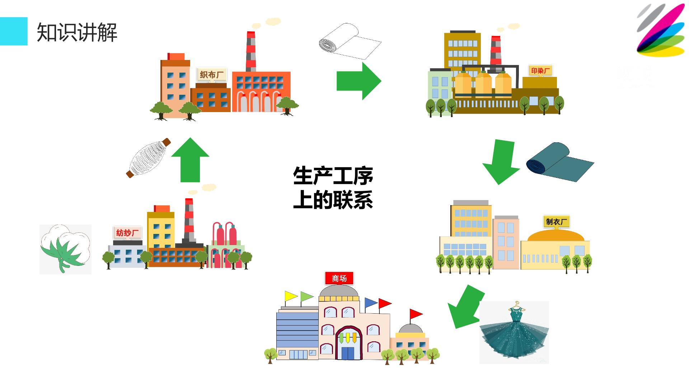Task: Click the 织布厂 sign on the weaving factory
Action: (x=211, y=75)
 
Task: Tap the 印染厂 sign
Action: (x=540, y=71)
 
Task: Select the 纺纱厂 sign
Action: (x=127, y=233)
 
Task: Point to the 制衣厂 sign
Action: (x=557, y=222)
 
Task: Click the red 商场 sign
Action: (x=339, y=278)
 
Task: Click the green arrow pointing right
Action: (x=359, y=81)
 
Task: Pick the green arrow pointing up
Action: (x=190, y=160)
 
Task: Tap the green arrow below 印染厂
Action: (x=501, y=162)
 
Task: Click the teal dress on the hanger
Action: (x=514, y=332)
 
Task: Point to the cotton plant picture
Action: (x=65, y=249)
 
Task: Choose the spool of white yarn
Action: (x=148, y=158)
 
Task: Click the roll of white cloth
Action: (x=350, y=42)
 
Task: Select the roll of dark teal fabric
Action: (x=560, y=162)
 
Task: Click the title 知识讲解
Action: (x=77, y=32)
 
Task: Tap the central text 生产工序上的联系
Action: (x=333, y=188)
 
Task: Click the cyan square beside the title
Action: (x=14, y=31)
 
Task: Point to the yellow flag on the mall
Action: (x=291, y=296)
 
